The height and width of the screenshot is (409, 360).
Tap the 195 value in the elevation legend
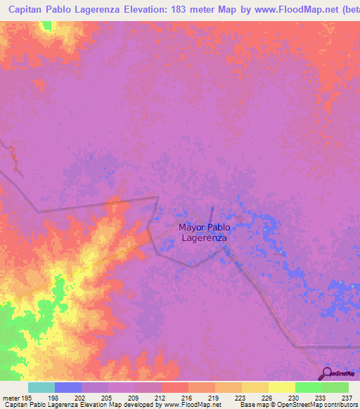pyautogui.click(x=25, y=396)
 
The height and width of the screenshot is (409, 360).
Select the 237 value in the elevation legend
pyautogui.click(x=347, y=396)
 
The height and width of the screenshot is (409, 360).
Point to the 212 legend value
pyautogui.click(x=160, y=396)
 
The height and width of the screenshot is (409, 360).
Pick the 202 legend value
pyautogui.click(x=79, y=396)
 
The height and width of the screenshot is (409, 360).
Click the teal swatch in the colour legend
pyautogui.click(x=41, y=387)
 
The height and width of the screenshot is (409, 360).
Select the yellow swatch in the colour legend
pyautogui.click(x=282, y=387)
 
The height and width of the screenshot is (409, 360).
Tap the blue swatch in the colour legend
pyautogui.click(x=68, y=387)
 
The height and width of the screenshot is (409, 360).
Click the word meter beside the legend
pyautogui.click(x=10, y=396)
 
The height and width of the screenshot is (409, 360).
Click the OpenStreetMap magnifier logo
pyautogui.click(x=326, y=373)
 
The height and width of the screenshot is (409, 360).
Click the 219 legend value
pyautogui.click(x=213, y=396)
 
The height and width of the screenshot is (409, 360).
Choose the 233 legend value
pyautogui.click(x=320, y=396)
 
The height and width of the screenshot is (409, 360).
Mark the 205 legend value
pyautogui.click(x=106, y=396)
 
